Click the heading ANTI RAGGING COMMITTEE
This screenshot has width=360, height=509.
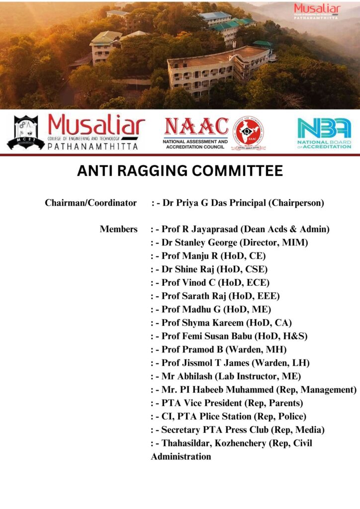coord(180,171)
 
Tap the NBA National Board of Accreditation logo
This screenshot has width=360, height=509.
coord(324,133)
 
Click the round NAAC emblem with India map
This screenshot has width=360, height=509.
coord(248,133)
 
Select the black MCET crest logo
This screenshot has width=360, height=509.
coord(26,133)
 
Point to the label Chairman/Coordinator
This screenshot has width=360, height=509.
coord(90,203)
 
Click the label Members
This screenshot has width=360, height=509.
coord(118,229)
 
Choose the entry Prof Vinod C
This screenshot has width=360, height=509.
coord(215,283)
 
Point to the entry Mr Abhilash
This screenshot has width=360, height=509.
coord(231,376)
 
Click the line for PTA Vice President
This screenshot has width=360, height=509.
coord(232,403)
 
